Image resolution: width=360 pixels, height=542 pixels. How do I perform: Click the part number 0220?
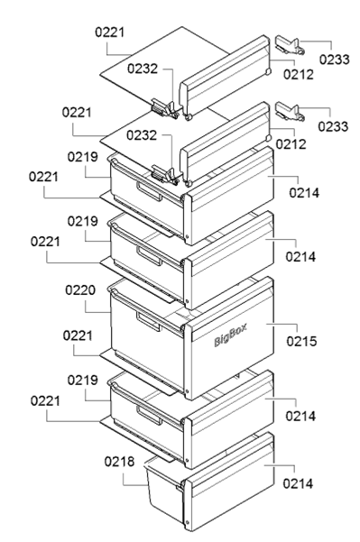click(80, 290)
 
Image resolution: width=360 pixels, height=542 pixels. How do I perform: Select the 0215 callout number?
click(301, 341)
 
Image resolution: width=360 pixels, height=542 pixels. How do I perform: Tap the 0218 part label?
click(119, 461)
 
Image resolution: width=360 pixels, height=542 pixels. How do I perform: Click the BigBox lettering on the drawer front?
click(231, 335)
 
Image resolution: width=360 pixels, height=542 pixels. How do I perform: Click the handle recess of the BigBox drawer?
click(148, 322)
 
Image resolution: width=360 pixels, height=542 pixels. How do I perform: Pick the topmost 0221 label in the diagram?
click(110, 32)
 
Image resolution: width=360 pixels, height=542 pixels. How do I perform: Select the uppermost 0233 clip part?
click(290, 46)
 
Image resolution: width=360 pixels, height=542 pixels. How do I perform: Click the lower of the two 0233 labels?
click(333, 126)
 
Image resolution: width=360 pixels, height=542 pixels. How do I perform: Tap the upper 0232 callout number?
click(143, 69)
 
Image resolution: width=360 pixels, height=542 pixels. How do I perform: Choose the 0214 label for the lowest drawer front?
click(298, 483)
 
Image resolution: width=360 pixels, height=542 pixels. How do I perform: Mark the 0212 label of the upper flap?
click(298, 74)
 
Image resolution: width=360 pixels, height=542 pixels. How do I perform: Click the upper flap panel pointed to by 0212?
click(225, 77)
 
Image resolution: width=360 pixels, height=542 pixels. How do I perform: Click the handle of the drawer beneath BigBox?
click(149, 416)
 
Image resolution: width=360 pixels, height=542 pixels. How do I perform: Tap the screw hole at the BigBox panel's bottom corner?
click(187, 392)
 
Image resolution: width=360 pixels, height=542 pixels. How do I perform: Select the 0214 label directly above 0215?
click(300, 257)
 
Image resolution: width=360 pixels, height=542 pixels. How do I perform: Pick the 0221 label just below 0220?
click(78, 335)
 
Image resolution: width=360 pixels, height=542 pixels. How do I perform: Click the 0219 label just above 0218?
click(82, 381)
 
